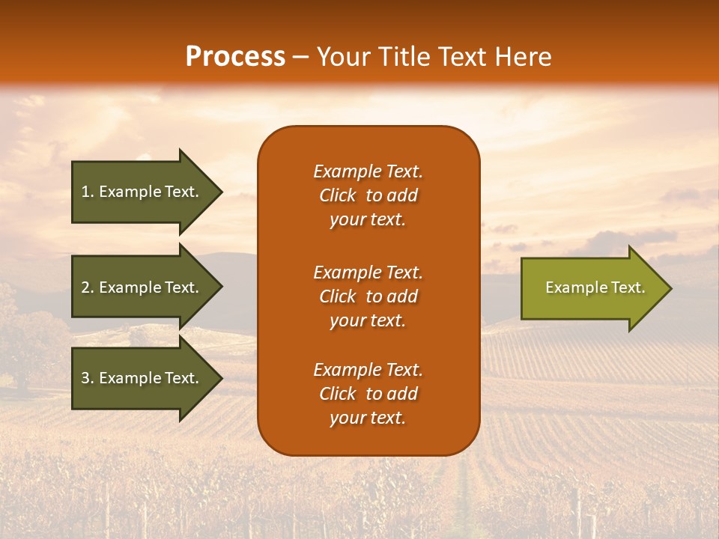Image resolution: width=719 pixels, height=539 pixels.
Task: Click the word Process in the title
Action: click(235, 57)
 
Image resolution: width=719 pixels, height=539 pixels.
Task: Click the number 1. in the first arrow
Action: click(87, 192)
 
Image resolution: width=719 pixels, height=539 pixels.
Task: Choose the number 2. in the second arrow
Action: click(87, 287)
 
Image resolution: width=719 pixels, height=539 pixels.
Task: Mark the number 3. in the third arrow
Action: click(87, 378)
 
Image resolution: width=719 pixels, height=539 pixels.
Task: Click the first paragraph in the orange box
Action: click(368, 195)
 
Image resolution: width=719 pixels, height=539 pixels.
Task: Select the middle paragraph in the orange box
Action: click(368, 296)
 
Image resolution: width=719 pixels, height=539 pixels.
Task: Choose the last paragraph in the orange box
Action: click(368, 394)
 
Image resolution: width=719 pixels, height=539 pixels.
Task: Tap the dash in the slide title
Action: click(300, 58)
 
